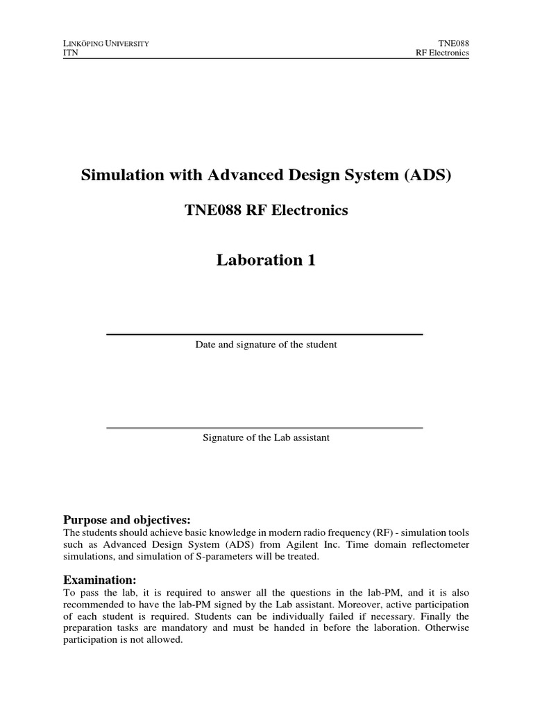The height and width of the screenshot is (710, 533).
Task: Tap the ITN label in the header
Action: [x=70, y=53]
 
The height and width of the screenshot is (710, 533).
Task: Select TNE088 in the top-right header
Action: [x=454, y=43]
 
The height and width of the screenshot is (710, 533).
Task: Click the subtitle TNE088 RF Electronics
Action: [x=266, y=210]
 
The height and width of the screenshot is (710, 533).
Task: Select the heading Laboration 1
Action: [x=266, y=261]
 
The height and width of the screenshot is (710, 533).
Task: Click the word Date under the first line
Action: [x=206, y=345]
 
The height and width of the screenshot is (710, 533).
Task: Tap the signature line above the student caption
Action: [x=264, y=335]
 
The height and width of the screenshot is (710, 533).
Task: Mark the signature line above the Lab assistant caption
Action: [x=264, y=428]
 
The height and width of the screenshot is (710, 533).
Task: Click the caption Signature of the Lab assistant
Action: [x=266, y=438]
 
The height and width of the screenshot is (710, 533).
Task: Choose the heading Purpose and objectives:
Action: [x=126, y=520]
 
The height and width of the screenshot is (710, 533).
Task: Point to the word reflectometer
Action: [x=439, y=544]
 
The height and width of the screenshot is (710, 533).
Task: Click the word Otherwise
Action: [x=446, y=627]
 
